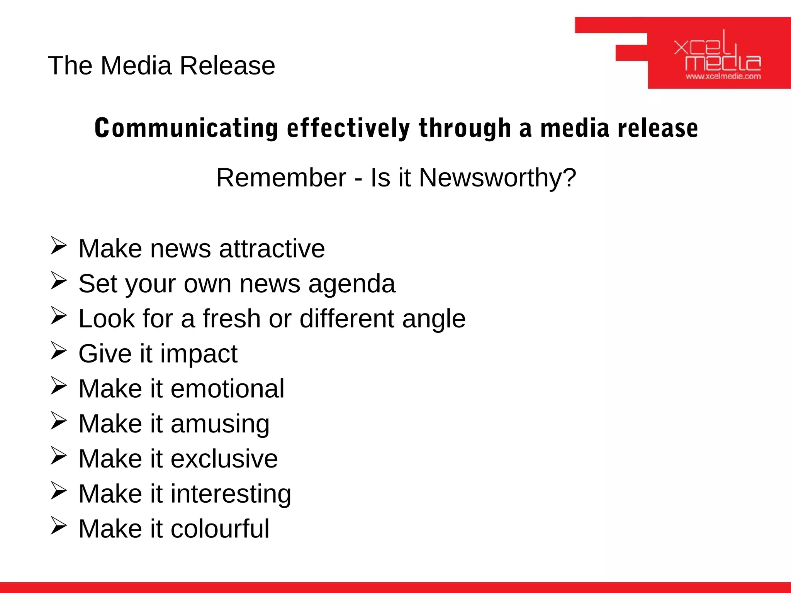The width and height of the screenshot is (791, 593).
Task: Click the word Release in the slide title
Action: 227,66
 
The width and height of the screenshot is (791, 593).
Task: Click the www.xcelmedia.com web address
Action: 723,76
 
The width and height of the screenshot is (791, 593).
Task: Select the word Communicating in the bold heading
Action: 186,128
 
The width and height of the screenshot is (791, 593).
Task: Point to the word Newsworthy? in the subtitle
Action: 497,178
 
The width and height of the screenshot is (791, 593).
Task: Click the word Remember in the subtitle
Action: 281,178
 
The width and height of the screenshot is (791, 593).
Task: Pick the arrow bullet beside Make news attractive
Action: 58,246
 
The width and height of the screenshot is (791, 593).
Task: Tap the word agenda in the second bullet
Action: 352,284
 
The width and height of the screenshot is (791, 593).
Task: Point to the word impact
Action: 199,354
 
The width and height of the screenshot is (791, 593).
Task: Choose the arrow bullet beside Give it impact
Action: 58,351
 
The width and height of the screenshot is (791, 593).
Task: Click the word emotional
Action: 227,388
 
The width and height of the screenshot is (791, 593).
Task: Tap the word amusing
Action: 220,424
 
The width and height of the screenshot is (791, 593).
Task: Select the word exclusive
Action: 224,459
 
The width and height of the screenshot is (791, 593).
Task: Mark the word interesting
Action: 231,494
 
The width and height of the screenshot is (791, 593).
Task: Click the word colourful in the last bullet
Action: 220,529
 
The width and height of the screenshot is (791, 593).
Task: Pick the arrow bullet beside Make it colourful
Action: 58,527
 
